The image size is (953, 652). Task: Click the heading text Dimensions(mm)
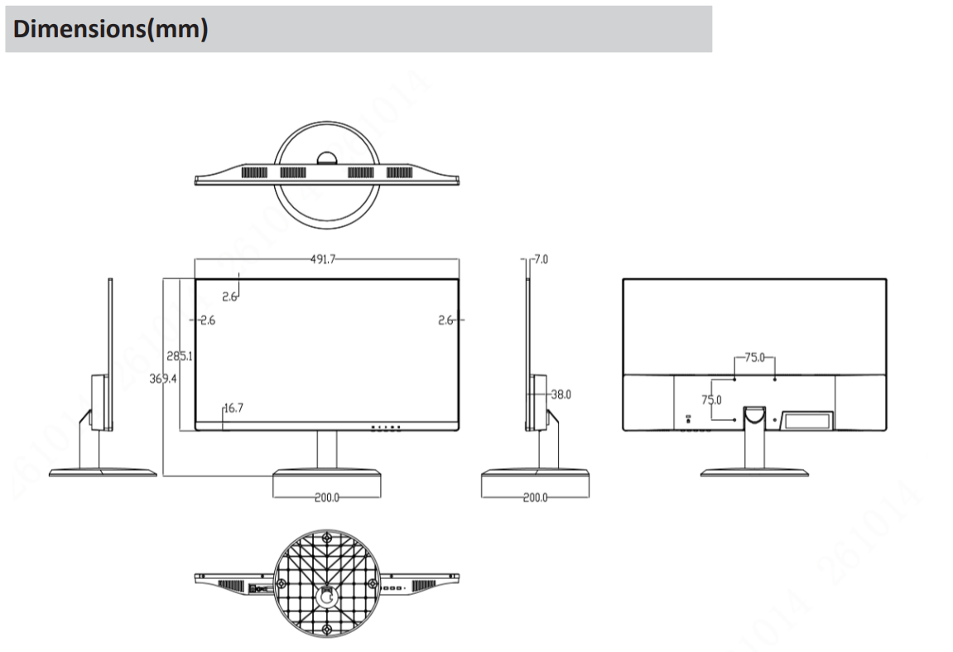(110, 30)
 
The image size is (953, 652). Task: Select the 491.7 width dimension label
(323, 259)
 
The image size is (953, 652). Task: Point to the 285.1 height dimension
(180, 356)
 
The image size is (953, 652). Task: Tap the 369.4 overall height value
(162, 378)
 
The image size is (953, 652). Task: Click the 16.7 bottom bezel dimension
(233, 408)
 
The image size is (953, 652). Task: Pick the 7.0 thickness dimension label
(541, 259)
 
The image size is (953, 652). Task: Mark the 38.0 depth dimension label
(561, 394)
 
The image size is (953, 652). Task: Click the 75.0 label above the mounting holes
(754, 358)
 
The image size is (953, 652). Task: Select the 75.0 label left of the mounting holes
(712, 399)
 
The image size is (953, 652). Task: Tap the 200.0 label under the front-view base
(326, 498)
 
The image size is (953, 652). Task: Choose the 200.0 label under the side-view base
(535, 498)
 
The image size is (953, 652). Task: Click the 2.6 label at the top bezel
(230, 297)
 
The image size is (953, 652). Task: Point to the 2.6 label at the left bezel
(207, 320)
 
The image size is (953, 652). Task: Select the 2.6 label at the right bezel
(445, 320)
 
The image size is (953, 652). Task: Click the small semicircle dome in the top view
(326, 159)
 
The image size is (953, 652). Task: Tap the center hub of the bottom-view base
(327, 594)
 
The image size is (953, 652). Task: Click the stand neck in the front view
(327, 449)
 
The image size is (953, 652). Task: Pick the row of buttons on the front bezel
(386, 428)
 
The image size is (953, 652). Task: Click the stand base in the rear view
(753, 472)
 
